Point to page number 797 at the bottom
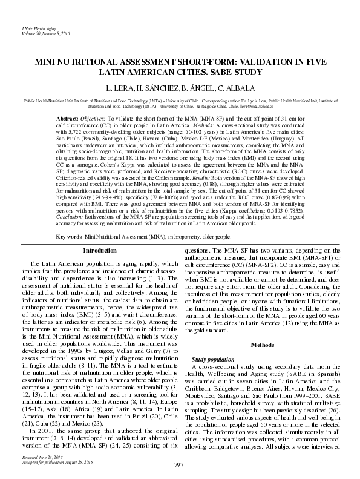pyautogui.click(x=180, y=465)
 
